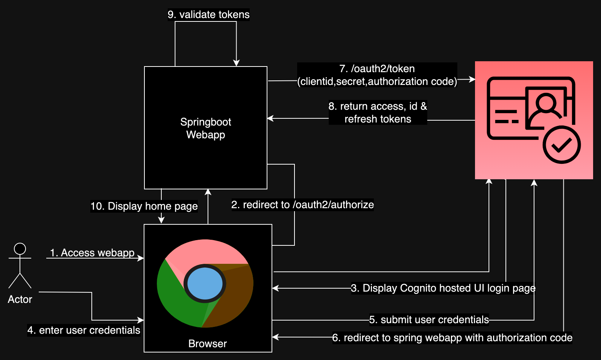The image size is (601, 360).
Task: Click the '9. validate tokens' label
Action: (209, 15)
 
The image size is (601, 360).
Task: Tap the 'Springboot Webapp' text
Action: (206, 128)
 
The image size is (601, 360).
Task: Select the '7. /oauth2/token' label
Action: (377, 69)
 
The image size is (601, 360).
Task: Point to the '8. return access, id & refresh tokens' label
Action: (378, 112)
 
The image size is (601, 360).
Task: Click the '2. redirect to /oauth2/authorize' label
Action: (303, 205)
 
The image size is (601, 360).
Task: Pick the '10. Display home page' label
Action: (144, 206)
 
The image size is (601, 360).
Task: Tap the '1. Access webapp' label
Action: (92, 253)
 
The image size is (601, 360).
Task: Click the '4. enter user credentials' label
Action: (84, 330)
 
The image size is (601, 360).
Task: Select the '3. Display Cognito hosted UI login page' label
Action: (443, 288)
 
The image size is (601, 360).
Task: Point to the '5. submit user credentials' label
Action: (429, 320)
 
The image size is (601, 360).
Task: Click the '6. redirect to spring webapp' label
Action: (452, 338)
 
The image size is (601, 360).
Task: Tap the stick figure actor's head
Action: (20, 248)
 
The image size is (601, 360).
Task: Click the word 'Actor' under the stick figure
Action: (20, 299)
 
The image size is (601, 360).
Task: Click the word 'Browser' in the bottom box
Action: (208, 344)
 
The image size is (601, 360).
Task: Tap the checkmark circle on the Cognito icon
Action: (562, 145)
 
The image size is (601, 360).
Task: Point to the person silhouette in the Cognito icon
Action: (546, 107)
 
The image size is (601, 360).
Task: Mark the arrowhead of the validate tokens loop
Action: (236, 63)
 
